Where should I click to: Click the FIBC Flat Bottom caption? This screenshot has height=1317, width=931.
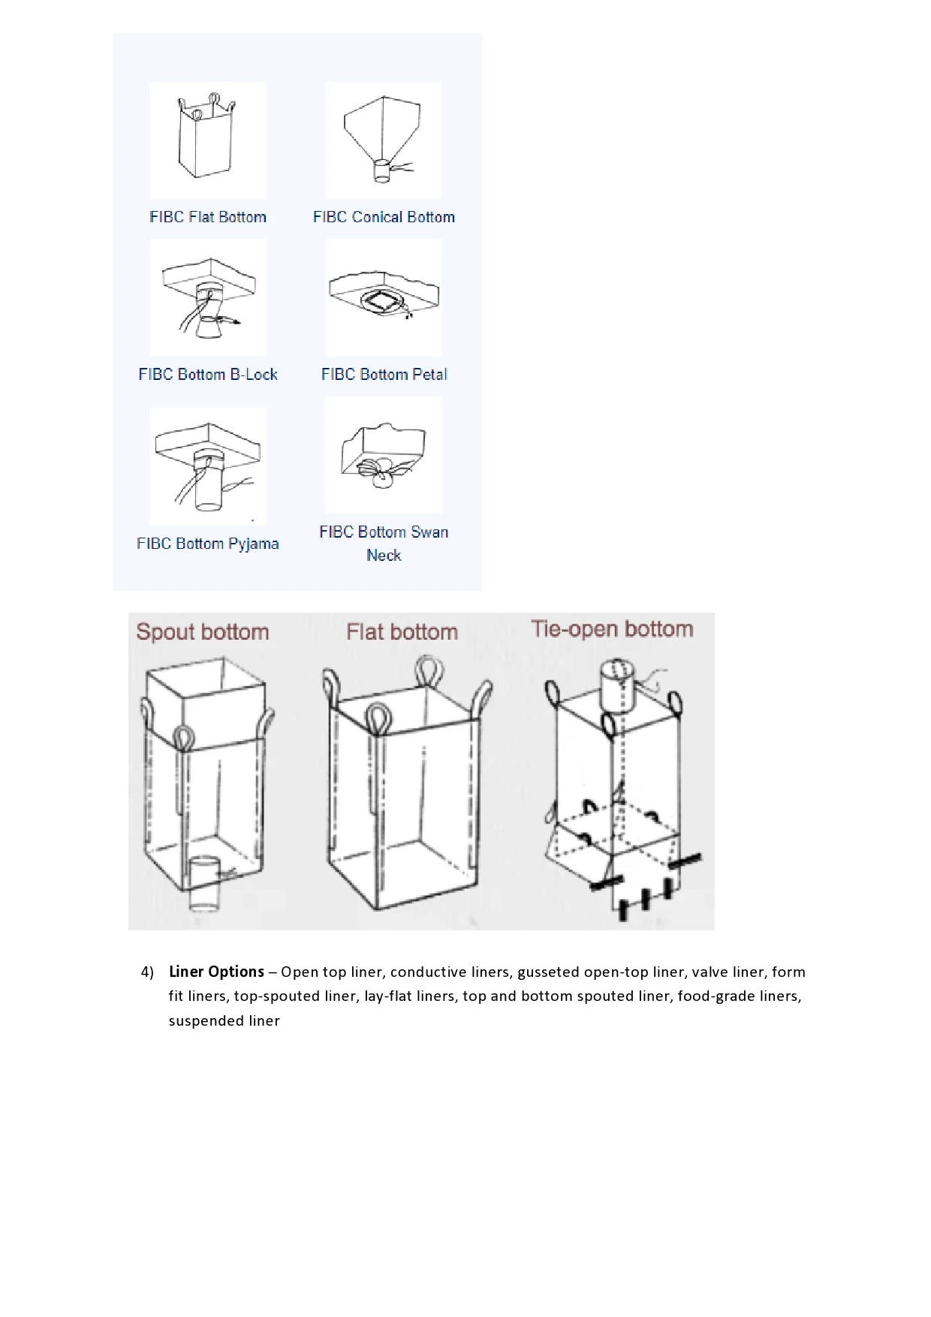coord(208,217)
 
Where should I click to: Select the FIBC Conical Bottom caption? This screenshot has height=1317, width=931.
coord(384,217)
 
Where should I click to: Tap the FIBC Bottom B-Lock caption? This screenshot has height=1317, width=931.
coord(208,375)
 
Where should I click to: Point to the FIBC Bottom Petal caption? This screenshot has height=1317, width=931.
coord(384,375)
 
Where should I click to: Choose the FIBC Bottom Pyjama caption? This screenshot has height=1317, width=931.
coord(208,544)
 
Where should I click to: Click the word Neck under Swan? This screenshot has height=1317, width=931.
coord(384,556)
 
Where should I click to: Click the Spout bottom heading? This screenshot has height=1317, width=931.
coord(203,632)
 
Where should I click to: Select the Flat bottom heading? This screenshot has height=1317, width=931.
coord(402,632)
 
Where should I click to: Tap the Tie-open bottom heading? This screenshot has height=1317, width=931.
coord(612,629)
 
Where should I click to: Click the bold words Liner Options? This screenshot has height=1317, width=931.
coord(216,972)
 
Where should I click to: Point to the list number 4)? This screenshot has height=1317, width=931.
coord(147,972)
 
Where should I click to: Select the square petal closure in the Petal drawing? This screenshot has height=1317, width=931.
coord(384,301)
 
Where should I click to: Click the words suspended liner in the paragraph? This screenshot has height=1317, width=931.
coord(224,1021)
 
